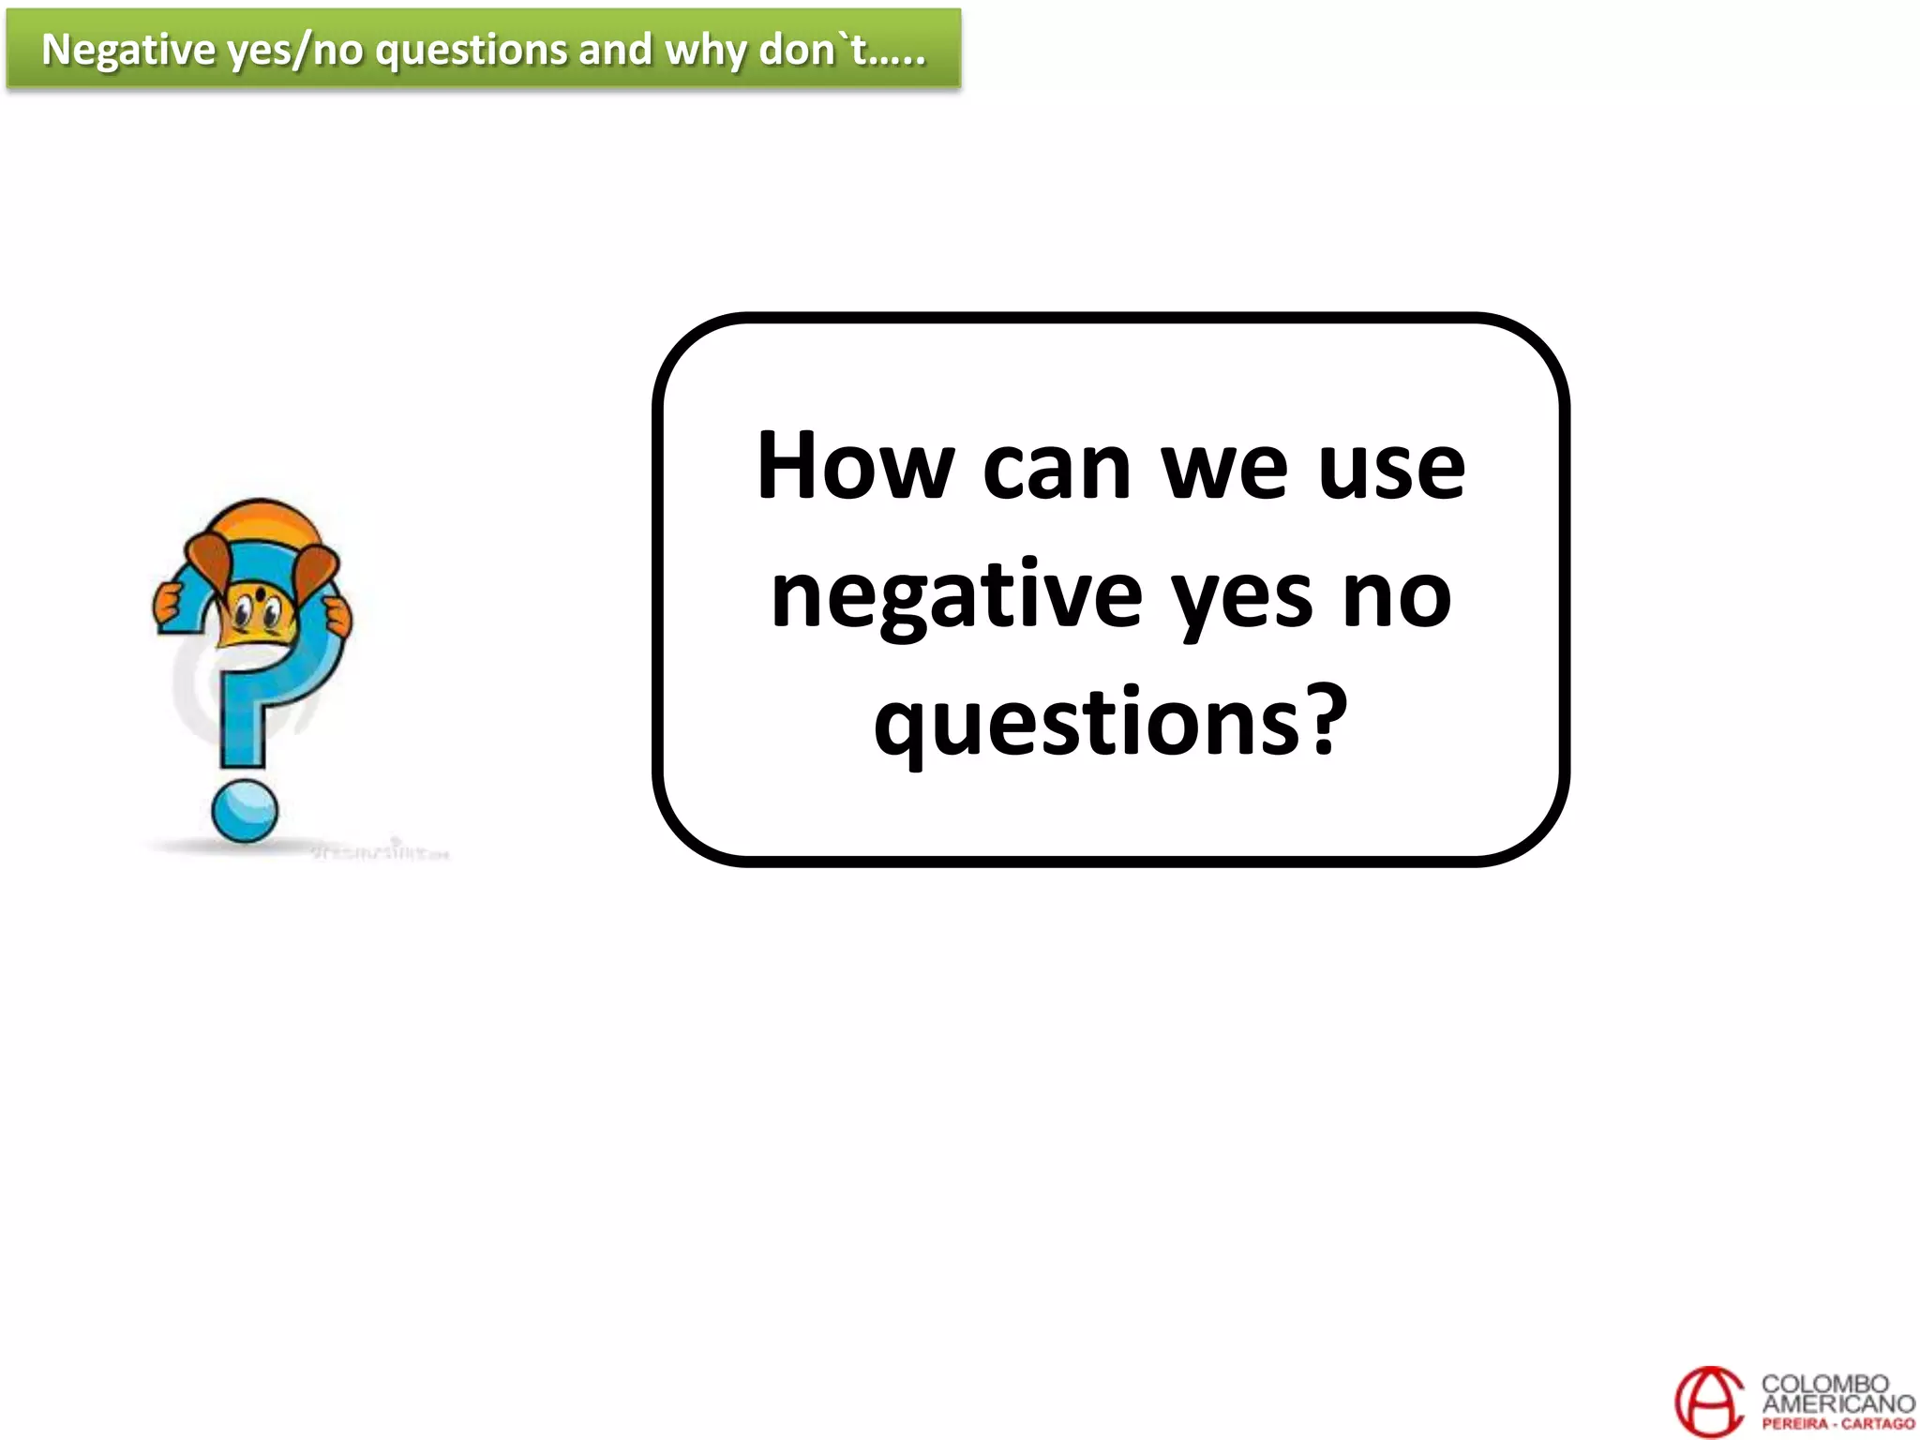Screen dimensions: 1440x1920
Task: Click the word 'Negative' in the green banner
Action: (x=128, y=50)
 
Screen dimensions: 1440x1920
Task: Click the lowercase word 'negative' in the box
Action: (x=956, y=596)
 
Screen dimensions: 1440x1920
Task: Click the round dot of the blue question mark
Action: (x=245, y=811)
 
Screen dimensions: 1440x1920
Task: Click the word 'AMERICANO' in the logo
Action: (x=1837, y=1403)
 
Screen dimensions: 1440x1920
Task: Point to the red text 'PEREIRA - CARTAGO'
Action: (x=1837, y=1424)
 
